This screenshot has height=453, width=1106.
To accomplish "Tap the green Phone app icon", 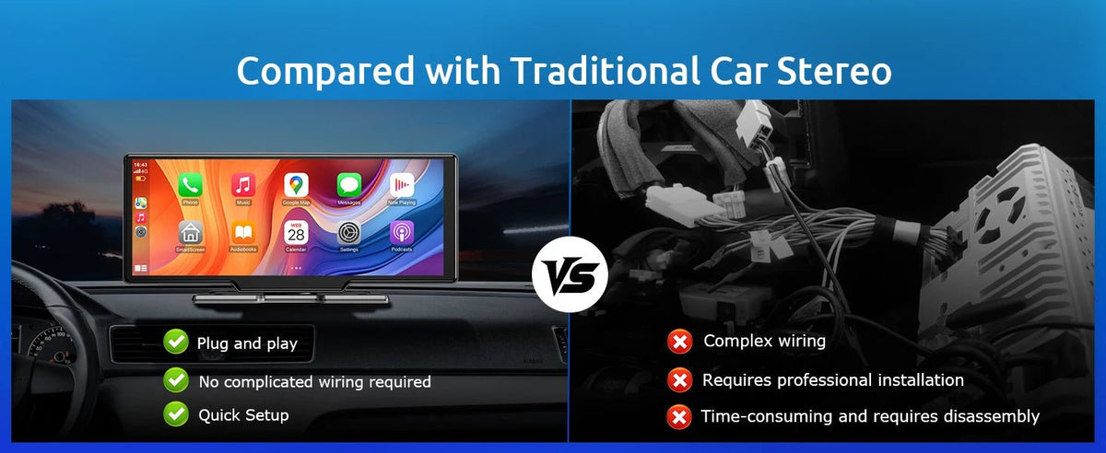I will click(x=191, y=184).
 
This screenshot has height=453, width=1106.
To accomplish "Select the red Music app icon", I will click(x=243, y=184).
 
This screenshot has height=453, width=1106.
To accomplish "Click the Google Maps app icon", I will click(x=296, y=184).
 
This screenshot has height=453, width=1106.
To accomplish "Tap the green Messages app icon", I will click(x=348, y=184).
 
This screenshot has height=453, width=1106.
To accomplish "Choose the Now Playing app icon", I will click(x=402, y=184).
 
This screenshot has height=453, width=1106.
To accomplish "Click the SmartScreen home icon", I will click(x=191, y=232).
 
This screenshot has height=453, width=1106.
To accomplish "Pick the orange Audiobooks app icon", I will click(x=243, y=232).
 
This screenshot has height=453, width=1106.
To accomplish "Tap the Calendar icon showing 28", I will click(x=296, y=233).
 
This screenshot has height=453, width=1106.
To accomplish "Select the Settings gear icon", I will click(x=348, y=232).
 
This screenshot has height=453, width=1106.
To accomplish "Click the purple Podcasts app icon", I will click(x=402, y=232).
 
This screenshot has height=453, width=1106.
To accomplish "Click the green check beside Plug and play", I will click(x=175, y=343).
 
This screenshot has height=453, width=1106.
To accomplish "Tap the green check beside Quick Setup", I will click(x=175, y=414).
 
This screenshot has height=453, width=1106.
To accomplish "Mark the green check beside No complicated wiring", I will click(x=175, y=379).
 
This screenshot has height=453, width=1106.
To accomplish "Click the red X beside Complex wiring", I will click(x=679, y=343).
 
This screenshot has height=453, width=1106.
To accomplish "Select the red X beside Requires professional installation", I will click(x=679, y=379).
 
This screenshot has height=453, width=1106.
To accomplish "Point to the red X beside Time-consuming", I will click(x=679, y=417).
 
